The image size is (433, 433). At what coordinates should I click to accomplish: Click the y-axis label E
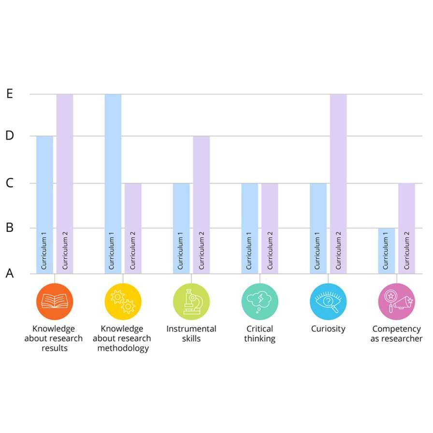(x=10, y=94)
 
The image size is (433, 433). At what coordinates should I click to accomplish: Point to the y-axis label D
(x=10, y=136)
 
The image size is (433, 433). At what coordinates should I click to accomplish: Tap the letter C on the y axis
(x=10, y=183)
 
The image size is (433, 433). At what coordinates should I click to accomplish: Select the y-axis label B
(x=10, y=228)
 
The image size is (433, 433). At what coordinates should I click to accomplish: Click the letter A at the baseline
(x=10, y=273)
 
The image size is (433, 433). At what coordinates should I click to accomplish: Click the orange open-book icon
(x=55, y=302)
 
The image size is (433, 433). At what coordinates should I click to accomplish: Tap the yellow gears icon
(x=123, y=302)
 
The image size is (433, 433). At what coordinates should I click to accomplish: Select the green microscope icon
(x=191, y=302)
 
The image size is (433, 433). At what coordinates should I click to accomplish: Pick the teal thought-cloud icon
(x=260, y=302)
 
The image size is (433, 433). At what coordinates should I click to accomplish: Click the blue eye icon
(x=328, y=302)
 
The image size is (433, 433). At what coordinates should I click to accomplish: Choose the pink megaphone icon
(x=397, y=302)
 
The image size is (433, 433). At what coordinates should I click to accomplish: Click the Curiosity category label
(x=328, y=329)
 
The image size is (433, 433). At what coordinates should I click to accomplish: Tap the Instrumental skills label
(x=191, y=333)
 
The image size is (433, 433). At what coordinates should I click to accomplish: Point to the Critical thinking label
(x=260, y=333)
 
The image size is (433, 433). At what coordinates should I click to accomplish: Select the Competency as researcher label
(x=397, y=333)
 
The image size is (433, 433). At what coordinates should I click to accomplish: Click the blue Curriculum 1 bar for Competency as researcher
(x=386, y=251)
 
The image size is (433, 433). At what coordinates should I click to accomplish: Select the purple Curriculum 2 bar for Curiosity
(x=338, y=184)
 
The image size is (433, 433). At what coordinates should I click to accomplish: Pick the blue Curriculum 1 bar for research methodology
(x=113, y=184)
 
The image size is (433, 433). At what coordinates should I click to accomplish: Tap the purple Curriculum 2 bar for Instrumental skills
(x=202, y=205)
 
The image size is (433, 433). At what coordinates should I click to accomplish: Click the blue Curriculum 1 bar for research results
(x=45, y=205)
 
